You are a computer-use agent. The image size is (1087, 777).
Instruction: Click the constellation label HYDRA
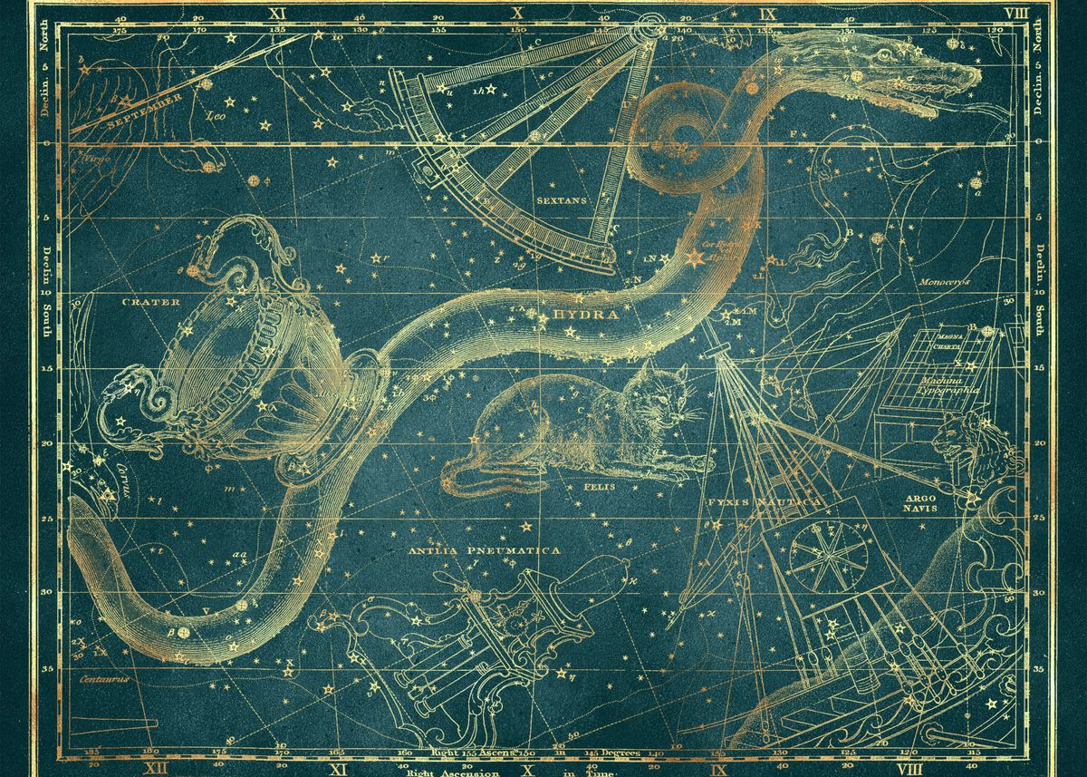click(585, 315)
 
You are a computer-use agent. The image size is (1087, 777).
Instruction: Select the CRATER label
click(151, 302)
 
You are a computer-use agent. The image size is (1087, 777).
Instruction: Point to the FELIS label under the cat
click(605, 487)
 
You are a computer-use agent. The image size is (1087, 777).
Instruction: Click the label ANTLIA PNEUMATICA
click(483, 550)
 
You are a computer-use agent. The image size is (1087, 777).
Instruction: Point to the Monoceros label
click(945, 282)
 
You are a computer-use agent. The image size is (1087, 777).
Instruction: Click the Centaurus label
click(103, 676)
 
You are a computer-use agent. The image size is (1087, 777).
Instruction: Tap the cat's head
click(667, 394)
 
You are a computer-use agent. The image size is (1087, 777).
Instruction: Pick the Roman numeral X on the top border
click(517, 13)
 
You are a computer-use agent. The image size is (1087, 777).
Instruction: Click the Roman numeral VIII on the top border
click(1016, 13)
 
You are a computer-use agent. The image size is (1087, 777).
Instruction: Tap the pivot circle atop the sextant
click(651, 25)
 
